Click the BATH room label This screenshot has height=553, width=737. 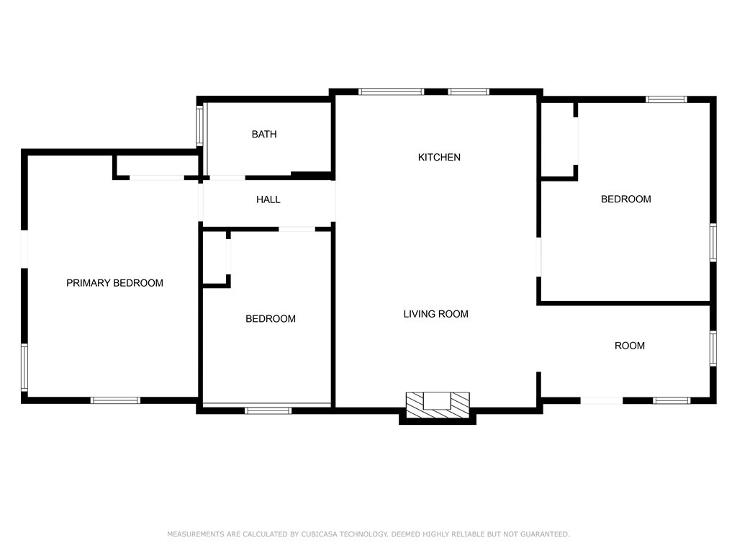(x=264, y=135)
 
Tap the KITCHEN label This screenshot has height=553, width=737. (x=439, y=157)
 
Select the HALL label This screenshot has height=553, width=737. (x=268, y=199)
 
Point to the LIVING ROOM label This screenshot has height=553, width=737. (x=435, y=314)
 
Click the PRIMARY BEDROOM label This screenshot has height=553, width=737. (x=114, y=283)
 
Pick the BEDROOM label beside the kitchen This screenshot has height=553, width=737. (x=625, y=199)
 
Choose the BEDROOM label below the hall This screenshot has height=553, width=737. (x=271, y=319)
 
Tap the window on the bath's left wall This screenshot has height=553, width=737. (x=202, y=126)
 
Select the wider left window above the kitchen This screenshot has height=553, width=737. (x=392, y=91)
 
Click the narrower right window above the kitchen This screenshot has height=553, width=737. (x=469, y=91)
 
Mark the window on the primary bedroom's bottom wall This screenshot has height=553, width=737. (x=115, y=400)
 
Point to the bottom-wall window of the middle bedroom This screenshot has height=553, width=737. (x=268, y=410)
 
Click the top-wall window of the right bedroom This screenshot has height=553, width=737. (x=666, y=99)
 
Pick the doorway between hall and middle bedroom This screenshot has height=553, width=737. (x=297, y=229)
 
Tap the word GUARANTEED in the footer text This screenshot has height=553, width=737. (x=545, y=534)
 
